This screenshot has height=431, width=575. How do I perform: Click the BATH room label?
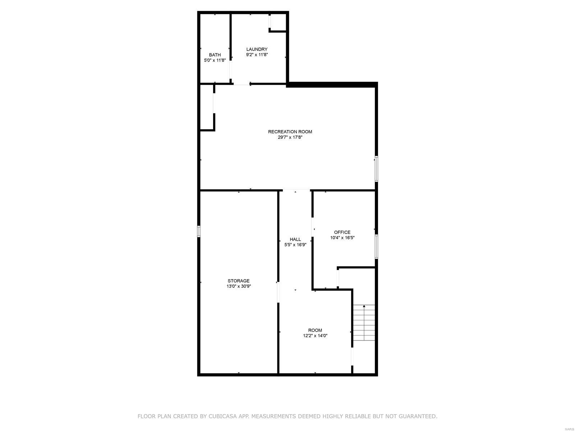(215, 55)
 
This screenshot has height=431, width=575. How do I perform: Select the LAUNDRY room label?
(257, 49)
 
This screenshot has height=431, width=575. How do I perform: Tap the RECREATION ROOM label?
(290, 132)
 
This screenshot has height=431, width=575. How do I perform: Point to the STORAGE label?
(238, 281)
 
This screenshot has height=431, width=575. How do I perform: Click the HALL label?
(295, 239)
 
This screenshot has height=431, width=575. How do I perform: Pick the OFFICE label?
(342, 232)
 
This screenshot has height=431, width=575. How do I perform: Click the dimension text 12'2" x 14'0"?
(315, 336)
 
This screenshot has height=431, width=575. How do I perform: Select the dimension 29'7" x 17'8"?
(290, 137)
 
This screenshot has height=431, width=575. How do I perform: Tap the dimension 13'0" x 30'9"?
(238, 286)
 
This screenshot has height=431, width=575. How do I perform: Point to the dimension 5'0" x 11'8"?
(215, 60)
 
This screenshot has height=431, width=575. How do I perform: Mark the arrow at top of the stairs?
(364, 306)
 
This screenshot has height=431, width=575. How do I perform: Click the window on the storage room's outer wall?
(198, 231)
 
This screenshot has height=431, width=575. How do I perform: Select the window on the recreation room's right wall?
(376, 168)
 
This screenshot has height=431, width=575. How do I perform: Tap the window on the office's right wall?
(376, 246)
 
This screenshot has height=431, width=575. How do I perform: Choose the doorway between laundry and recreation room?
(241, 84)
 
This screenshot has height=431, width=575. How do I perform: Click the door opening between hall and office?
(312, 227)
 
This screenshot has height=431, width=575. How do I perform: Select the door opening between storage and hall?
(278, 292)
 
